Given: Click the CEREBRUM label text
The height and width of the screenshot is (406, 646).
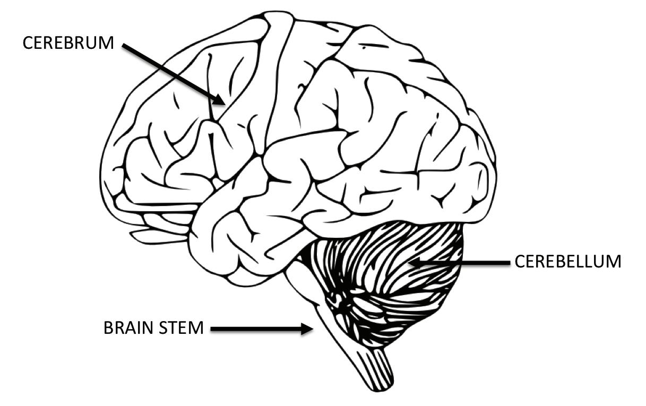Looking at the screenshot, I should click(x=68, y=42).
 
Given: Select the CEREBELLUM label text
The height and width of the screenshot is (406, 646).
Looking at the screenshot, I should click(x=567, y=262).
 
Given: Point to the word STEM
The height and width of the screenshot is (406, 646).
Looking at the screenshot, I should click(x=184, y=328).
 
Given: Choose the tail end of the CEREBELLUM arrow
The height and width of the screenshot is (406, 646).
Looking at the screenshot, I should click(x=507, y=262).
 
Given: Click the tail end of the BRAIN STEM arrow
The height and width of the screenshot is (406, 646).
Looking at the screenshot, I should click(x=212, y=329).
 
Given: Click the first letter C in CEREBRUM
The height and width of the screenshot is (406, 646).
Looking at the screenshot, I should click(x=28, y=42).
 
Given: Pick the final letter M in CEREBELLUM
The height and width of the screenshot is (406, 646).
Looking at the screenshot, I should click(x=613, y=262).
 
